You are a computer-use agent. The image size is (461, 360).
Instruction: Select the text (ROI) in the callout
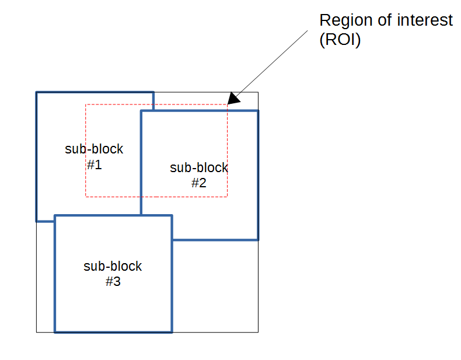340,41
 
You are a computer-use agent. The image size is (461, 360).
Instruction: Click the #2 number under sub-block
199,183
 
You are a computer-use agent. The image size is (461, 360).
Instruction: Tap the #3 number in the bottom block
113,281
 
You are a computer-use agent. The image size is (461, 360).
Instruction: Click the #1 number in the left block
94,165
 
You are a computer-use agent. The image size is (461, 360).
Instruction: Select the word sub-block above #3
113,266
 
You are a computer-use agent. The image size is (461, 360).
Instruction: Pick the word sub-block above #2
199,168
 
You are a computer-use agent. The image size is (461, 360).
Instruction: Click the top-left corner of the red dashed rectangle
86,104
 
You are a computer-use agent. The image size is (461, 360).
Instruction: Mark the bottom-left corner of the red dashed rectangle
86,197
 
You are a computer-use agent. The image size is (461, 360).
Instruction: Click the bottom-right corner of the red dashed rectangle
227,197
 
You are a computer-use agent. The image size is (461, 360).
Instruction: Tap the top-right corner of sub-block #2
257,111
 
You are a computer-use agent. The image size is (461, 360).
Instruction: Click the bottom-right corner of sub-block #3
172,332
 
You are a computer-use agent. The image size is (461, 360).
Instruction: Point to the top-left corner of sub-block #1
37,92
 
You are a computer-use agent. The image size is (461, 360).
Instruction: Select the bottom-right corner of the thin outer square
258,333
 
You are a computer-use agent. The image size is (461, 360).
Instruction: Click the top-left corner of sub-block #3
55,216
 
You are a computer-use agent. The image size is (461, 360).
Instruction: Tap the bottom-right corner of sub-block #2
257,239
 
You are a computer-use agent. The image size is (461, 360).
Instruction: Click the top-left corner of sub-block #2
141,111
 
